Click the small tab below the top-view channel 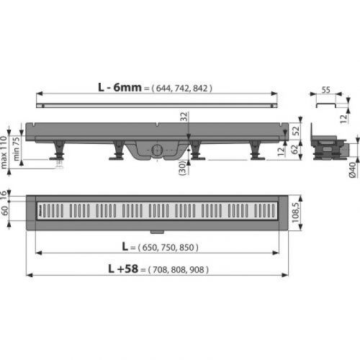(157, 232)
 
